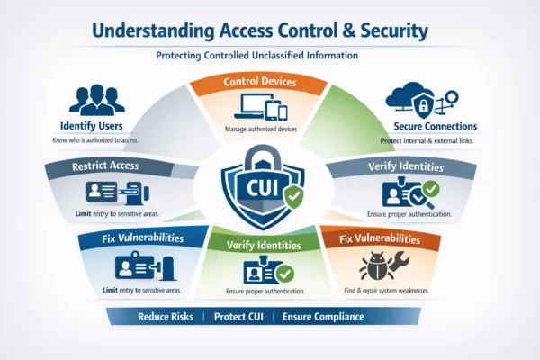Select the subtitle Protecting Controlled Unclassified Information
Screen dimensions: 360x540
269,57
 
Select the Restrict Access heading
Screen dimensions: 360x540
78,166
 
